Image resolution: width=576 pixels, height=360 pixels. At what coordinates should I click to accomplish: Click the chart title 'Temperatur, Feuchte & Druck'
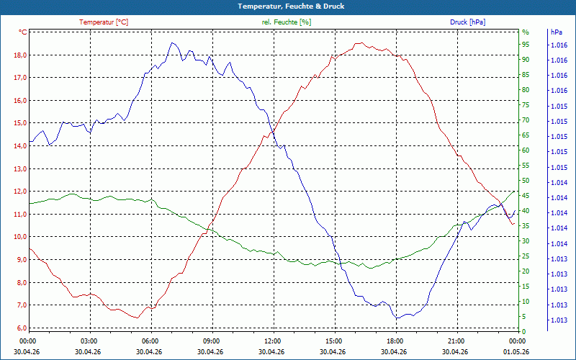[x=291, y=6]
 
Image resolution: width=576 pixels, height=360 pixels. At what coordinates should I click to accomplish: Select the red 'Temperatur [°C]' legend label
[x=104, y=22]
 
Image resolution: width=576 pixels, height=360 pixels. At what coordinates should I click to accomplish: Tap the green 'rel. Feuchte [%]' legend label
[x=287, y=22]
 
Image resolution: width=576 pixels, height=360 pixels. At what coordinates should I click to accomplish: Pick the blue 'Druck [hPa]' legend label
[x=467, y=22]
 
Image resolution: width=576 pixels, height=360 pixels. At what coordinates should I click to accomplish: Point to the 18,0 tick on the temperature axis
[x=20, y=55]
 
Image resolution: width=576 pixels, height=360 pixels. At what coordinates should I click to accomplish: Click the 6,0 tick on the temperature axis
[x=20, y=328]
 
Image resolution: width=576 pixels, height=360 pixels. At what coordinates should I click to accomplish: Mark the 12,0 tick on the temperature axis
[x=20, y=192]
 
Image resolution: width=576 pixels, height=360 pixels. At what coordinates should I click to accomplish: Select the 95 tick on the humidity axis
[x=526, y=45]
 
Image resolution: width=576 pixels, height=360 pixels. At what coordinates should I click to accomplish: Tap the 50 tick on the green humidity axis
[x=526, y=181]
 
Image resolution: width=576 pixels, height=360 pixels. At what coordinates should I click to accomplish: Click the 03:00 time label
[x=89, y=341]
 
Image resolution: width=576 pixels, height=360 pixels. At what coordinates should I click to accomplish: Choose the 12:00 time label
[x=273, y=341]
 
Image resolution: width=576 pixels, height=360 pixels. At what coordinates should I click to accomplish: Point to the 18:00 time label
[x=395, y=341]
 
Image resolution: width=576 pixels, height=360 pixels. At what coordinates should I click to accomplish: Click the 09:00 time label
[x=211, y=341]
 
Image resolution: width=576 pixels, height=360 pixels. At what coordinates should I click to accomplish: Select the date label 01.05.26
[x=516, y=351]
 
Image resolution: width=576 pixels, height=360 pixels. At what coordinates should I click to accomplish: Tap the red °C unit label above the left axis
[x=22, y=32]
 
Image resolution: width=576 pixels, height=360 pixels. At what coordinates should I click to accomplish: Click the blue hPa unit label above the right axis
[x=556, y=32]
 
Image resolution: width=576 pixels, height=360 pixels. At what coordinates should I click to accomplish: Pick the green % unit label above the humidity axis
[x=526, y=32]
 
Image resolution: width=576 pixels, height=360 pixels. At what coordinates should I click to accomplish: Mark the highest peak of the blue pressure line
[x=172, y=42]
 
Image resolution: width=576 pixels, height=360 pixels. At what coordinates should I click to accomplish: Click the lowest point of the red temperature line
[x=137, y=318]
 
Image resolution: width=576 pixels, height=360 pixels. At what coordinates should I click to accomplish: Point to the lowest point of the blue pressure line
[x=397, y=318]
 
